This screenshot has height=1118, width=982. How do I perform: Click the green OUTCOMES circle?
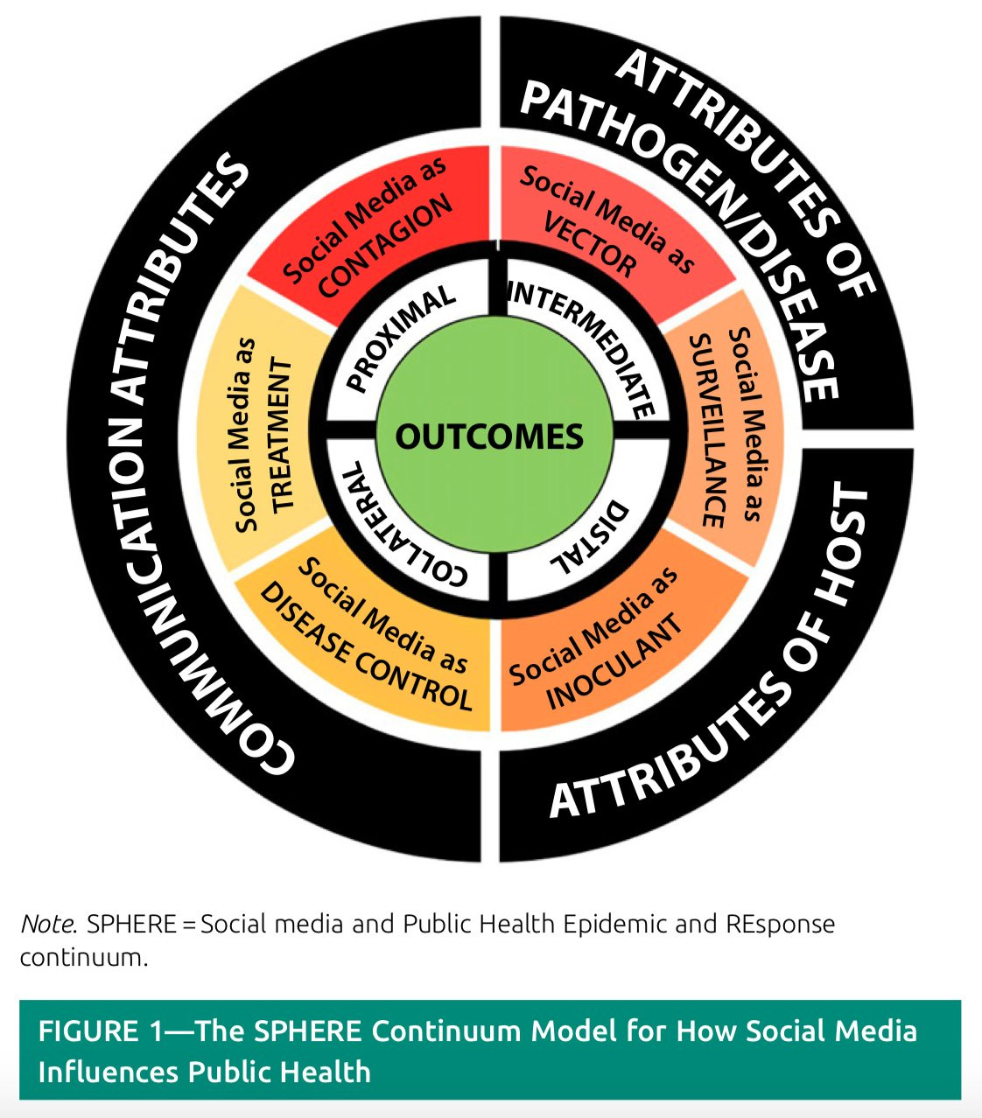[x=494, y=436]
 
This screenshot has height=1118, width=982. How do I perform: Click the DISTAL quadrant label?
[x=591, y=537]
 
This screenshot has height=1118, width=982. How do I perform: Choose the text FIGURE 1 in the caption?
[x=101, y=1031]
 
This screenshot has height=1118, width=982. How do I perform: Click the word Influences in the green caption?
[x=109, y=1073]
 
